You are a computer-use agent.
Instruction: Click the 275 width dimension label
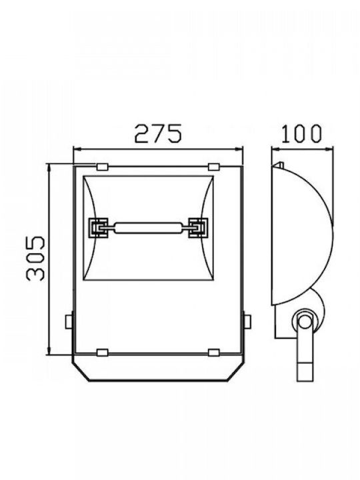(x=159, y=133)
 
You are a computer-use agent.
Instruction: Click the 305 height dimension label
(x=36, y=259)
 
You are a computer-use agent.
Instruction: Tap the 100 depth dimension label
(x=301, y=134)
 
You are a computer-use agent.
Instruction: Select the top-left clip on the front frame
(x=102, y=167)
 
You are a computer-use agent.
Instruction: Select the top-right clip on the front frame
(x=213, y=167)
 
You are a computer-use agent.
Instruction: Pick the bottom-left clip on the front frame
(x=102, y=353)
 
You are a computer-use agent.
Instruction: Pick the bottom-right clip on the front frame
(x=213, y=353)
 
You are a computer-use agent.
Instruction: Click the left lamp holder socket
(x=98, y=227)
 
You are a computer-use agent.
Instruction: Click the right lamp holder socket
(x=198, y=227)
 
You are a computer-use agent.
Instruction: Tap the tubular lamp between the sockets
(x=148, y=228)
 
